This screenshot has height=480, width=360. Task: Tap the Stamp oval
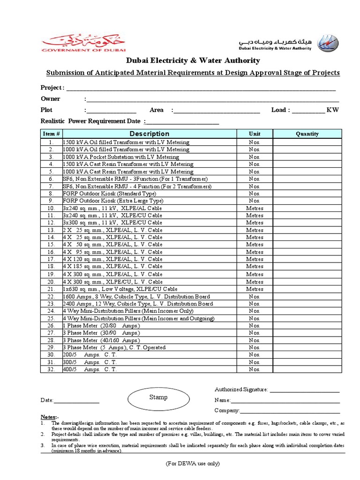(158, 397)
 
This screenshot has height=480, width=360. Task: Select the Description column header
(150, 134)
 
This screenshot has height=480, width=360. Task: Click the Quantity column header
(307, 134)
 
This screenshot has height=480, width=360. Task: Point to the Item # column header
(51, 134)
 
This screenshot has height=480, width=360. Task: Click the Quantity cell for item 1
(307, 142)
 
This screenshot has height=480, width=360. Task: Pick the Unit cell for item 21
(255, 289)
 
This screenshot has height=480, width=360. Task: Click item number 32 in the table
(51, 369)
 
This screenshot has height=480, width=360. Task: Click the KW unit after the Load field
(332, 110)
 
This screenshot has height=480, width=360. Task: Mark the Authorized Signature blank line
(304, 390)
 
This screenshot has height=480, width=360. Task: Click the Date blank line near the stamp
(77, 401)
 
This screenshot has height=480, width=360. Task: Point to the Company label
(227, 411)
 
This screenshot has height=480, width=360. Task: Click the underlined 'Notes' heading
(49, 417)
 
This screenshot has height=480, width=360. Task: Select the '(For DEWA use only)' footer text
(192, 464)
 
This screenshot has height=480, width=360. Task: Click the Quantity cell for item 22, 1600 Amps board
(307, 296)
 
